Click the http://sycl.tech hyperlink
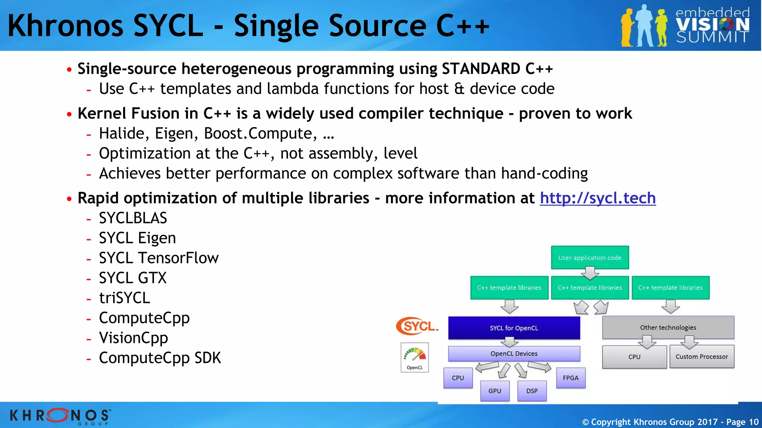point(598,198)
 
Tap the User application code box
point(590,257)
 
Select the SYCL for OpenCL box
point(514,328)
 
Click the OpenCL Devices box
point(514,353)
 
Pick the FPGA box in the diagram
point(570,378)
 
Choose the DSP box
point(532,391)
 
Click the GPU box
point(494,391)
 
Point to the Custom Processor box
point(701,357)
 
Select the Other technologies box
point(668,327)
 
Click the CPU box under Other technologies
point(634,357)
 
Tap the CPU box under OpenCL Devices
point(458,378)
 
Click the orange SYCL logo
point(417,326)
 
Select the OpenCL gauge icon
point(414,357)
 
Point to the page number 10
point(753,422)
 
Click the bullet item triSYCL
point(124,298)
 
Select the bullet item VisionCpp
point(133,338)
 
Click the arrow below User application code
point(590,273)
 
